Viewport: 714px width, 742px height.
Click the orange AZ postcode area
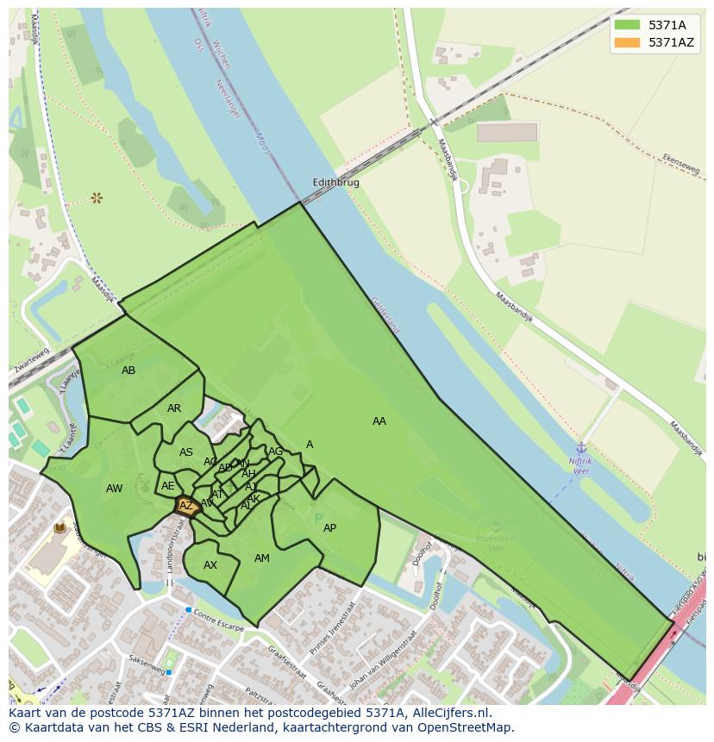pyautogui.click(x=186, y=507)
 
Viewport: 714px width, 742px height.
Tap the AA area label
pyautogui.click(x=379, y=421)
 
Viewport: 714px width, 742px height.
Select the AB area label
pyautogui.click(x=128, y=371)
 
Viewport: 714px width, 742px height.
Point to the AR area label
pyautogui.click(x=174, y=408)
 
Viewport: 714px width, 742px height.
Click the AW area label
pyautogui.click(x=114, y=489)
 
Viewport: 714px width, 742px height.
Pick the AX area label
pyautogui.click(x=210, y=565)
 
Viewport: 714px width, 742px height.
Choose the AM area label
pyautogui.click(x=262, y=558)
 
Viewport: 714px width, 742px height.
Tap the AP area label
pyautogui.click(x=329, y=528)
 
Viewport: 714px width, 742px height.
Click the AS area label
pyautogui.click(x=186, y=452)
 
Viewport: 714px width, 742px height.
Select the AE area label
pyautogui.click(x=168, y=486)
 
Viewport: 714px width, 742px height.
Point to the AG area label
pyautogui.click(x=276, y=452)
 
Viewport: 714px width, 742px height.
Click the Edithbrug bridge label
pyautogui.click(x=335, y=183)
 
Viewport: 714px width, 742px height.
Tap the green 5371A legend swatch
pyautogui.click(x=627, y=25)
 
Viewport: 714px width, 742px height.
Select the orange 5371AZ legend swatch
pyautogui.click(x=627, y=42)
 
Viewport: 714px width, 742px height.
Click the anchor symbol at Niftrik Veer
pyautogui.click(x=581, y=447)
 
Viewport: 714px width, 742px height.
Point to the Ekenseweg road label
pyautogui.click(x=681, y=164)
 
